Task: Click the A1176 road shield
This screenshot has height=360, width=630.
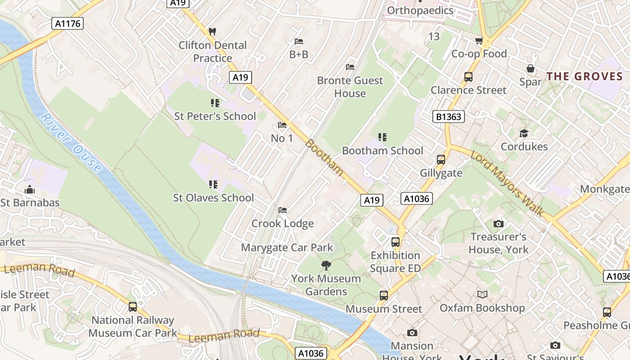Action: [x=67, y=23]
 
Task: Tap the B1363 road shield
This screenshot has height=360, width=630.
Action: [x=448, y=117]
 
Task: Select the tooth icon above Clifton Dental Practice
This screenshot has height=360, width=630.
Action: [x=212, y=32]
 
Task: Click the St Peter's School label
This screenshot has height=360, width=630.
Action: [x=215, y=116]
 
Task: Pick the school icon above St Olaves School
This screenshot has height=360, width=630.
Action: [x=213, y=184]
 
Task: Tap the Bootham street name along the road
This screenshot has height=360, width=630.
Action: [x=324, y=157]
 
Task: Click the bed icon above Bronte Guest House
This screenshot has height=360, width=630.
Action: [x=350, y=67]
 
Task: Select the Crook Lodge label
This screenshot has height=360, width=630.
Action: [x=282, y=224]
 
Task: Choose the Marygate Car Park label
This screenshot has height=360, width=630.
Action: [x=287, y=247]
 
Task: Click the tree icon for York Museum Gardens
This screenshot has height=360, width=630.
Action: [x=326, y=265]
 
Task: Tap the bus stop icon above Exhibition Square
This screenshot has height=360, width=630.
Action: [x=395, y=242]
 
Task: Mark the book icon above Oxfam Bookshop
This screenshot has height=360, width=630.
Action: [x=482, y=295]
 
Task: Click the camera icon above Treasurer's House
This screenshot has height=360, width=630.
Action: [x=498, y=224]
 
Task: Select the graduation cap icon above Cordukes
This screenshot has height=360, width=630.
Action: [x=524, y=134]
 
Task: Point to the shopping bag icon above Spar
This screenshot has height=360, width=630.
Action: [x=531, y=69]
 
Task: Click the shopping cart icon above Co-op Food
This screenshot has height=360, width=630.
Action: [x=479, y=41]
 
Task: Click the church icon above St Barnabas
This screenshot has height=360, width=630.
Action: [x=30, y=189]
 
